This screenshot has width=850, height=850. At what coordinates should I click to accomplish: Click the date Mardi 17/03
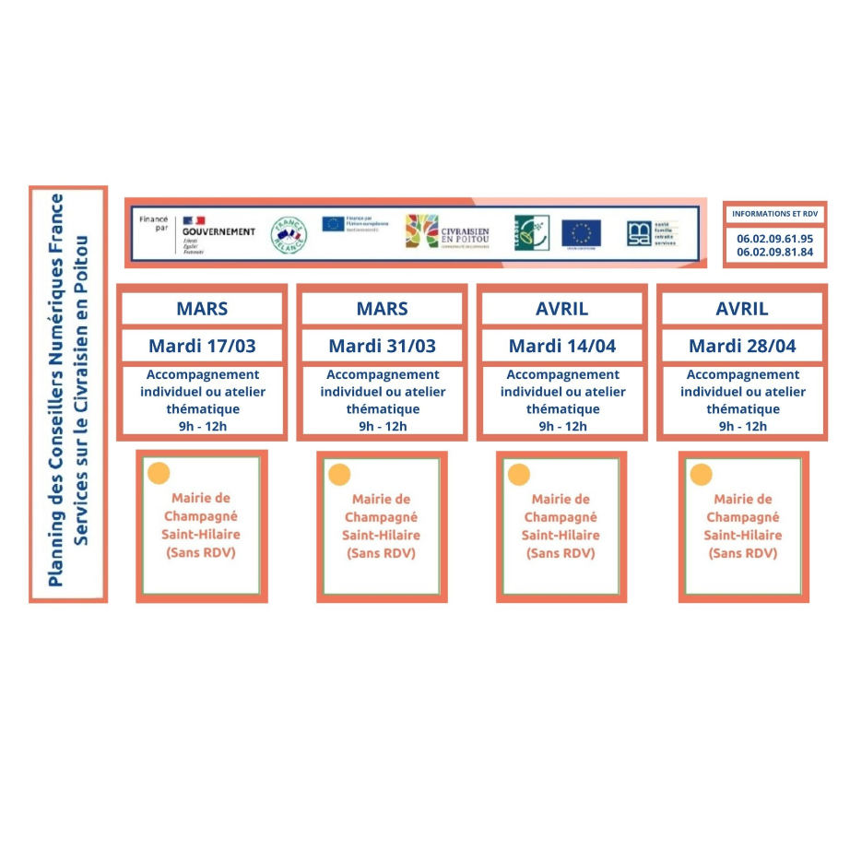202,347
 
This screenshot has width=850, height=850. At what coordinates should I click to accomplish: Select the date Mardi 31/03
382,347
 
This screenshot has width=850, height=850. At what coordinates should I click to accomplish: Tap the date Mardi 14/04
561,347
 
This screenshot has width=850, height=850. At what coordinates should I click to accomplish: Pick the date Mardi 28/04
742,347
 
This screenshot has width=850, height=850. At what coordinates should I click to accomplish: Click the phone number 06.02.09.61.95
774,238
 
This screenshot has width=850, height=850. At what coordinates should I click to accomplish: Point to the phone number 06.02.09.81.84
774,252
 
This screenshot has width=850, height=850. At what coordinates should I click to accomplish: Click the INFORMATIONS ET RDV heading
774,214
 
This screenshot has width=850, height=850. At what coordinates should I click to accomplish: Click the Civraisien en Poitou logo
447,232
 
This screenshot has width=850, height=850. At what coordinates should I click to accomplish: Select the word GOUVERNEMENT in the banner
218,231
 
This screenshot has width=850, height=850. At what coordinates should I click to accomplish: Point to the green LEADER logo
531,232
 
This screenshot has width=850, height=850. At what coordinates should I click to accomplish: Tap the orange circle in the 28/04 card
702,475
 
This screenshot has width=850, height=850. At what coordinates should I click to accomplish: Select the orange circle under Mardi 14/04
519,475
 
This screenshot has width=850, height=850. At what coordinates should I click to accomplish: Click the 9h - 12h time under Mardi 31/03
382,426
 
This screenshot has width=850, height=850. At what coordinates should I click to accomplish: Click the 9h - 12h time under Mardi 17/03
202,426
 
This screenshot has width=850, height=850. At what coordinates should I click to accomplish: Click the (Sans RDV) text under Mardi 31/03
382,553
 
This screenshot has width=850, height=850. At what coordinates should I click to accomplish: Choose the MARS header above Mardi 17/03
202,309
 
